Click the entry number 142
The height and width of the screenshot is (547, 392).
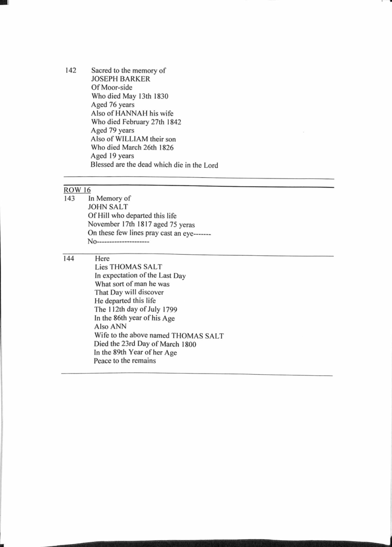pos(71,70)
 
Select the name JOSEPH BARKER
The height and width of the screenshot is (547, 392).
pos(120,79)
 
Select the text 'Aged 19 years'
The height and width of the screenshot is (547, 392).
pos(113,155)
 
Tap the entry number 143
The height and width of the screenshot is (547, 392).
pos(69,199)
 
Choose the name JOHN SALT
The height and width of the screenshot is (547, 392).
pos(108,207)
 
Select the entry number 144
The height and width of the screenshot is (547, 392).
pos(70,259)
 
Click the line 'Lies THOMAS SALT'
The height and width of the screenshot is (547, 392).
pos(128,267)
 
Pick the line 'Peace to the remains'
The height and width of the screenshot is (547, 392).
pos(125,361)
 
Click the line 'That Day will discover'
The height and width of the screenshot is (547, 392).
pos(129,292)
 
